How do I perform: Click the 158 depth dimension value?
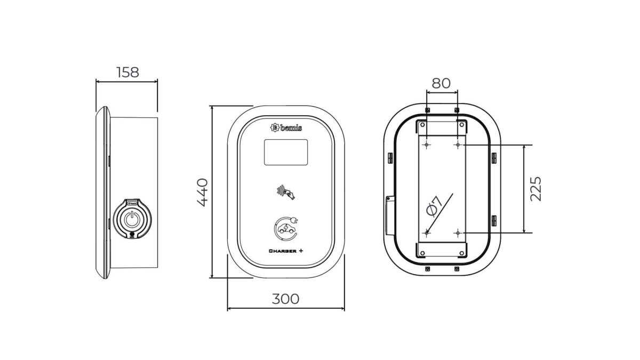127,72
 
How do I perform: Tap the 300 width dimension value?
285,299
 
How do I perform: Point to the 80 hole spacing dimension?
441,83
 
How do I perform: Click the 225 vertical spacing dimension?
536,188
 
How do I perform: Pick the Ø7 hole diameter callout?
434,206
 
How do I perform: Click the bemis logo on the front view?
286,127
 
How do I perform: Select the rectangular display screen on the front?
286,152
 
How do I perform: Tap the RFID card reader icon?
286,192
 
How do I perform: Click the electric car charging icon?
286,228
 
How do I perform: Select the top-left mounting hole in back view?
427,145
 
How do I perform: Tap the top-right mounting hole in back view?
458,145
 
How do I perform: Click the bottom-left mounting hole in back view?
427,233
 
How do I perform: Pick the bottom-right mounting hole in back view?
458,233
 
